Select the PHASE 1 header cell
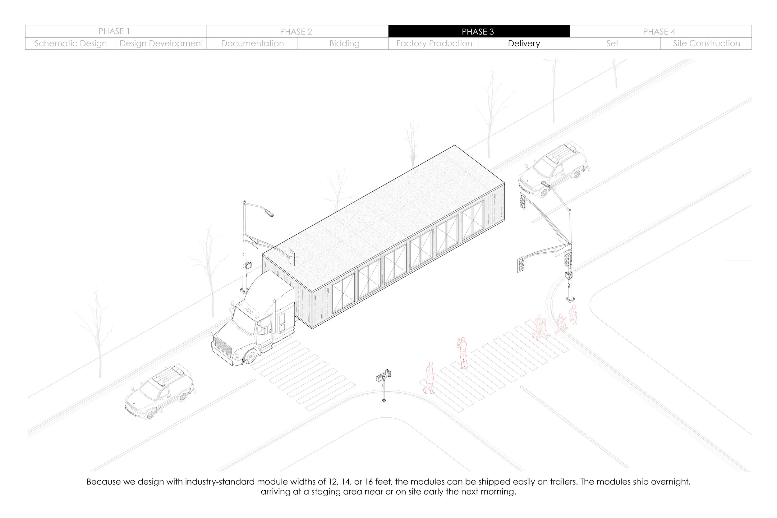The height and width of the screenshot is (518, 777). point(114,31)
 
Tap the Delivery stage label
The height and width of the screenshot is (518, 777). point(524,44)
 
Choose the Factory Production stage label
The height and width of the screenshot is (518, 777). point(434,44)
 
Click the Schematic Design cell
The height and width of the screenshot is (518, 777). point(71,44)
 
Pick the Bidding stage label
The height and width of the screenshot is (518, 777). point(344,44)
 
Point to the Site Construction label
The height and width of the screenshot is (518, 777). point(706,44)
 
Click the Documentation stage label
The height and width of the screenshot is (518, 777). point(252,44)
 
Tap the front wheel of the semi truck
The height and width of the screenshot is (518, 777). point(250,356)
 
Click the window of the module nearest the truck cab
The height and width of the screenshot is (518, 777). point(343,293)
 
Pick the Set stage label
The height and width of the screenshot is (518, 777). point(612,44)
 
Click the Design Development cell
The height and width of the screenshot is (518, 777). point(161,44)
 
